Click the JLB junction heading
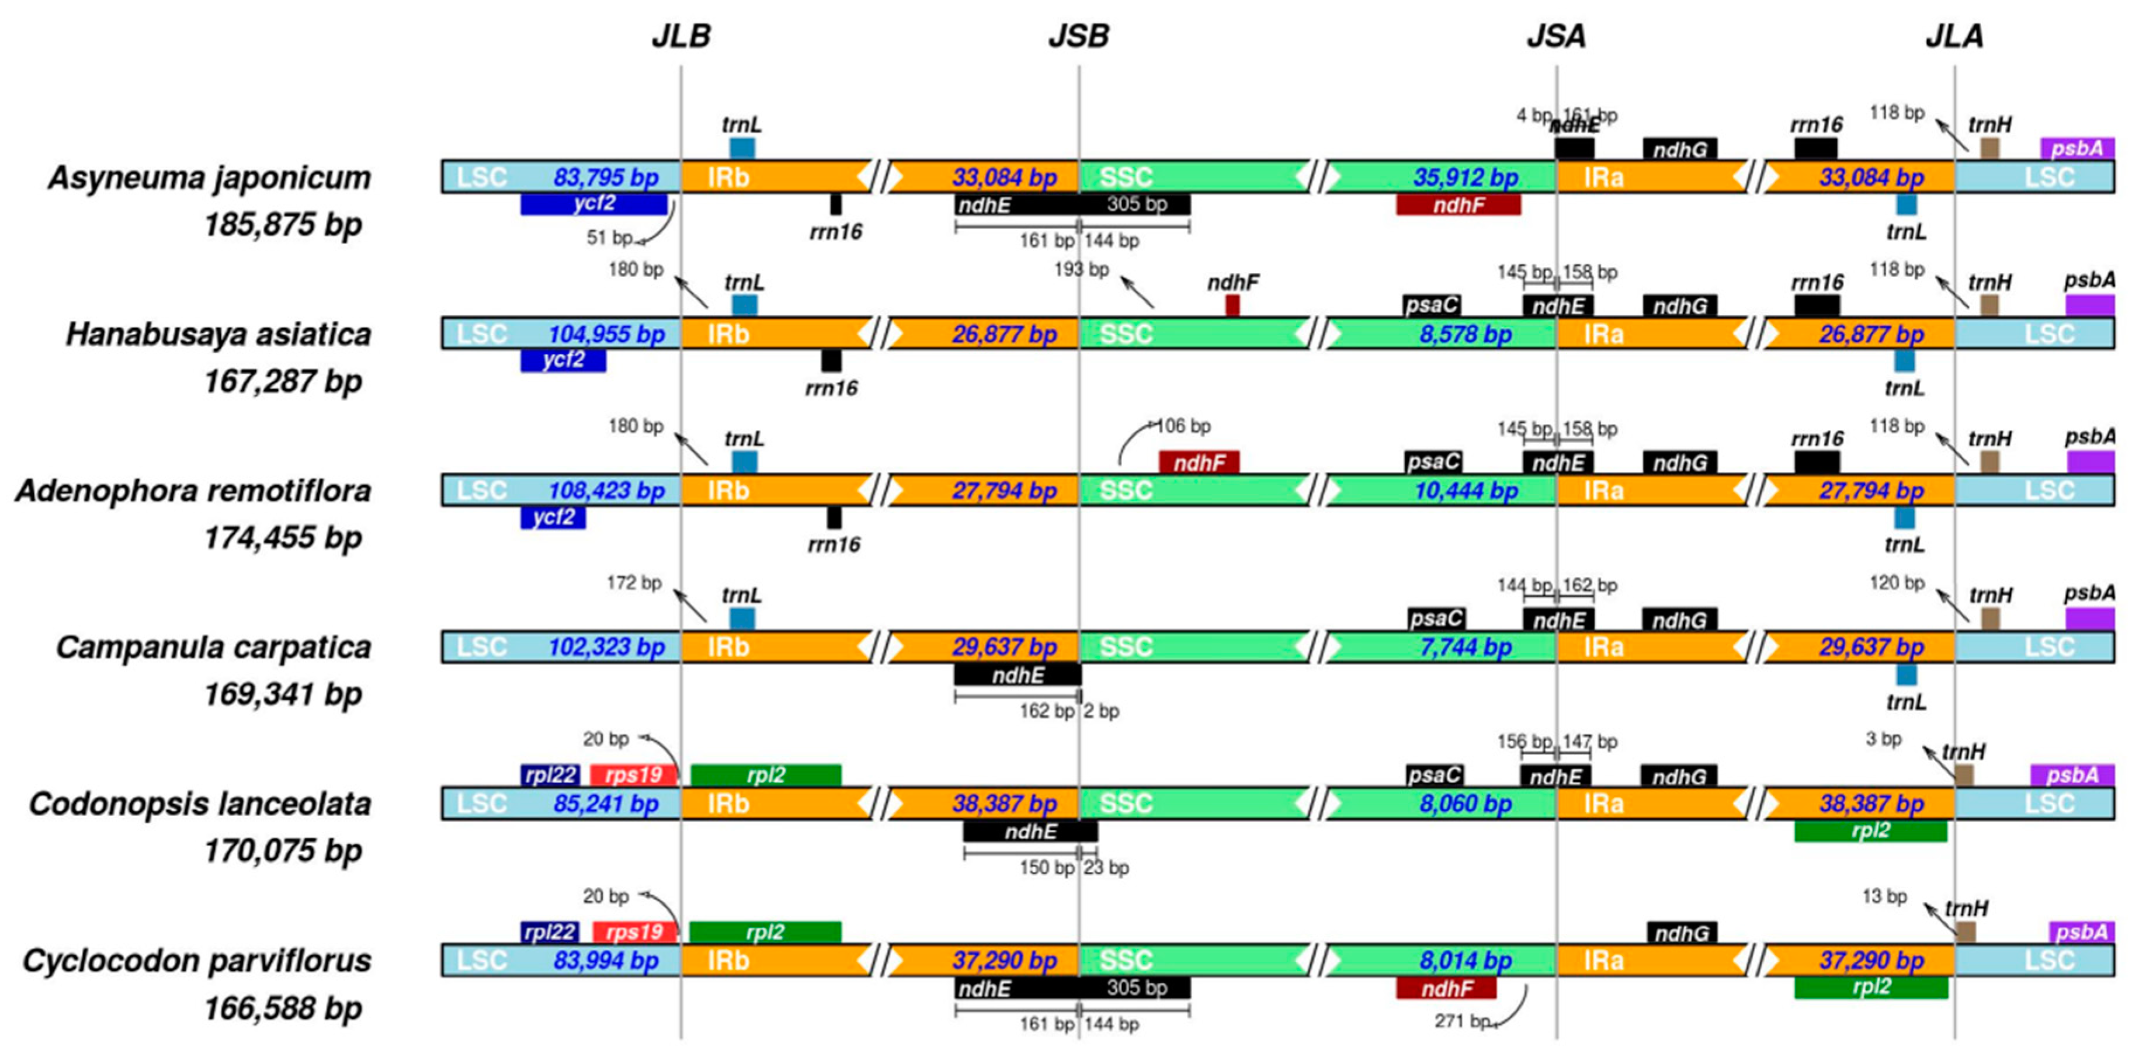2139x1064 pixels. [x=681, y=37]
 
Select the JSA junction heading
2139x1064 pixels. [x=1556, y=37]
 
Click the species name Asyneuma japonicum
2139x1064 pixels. [x=209, y=178]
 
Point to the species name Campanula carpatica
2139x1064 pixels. [x=213, y=648]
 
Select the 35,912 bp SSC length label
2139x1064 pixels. [x=1466, y=178]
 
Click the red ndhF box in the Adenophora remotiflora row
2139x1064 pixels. [x=1199, y=463]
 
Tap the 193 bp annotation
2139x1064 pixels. [x=1081, y=270]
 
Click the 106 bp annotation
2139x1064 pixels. [x=1183, y=427]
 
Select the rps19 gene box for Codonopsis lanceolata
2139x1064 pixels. [x=633, y=775]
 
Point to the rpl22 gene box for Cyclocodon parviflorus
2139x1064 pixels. [x=549, y=932]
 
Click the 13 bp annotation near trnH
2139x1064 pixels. [x=1884, y=897]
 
